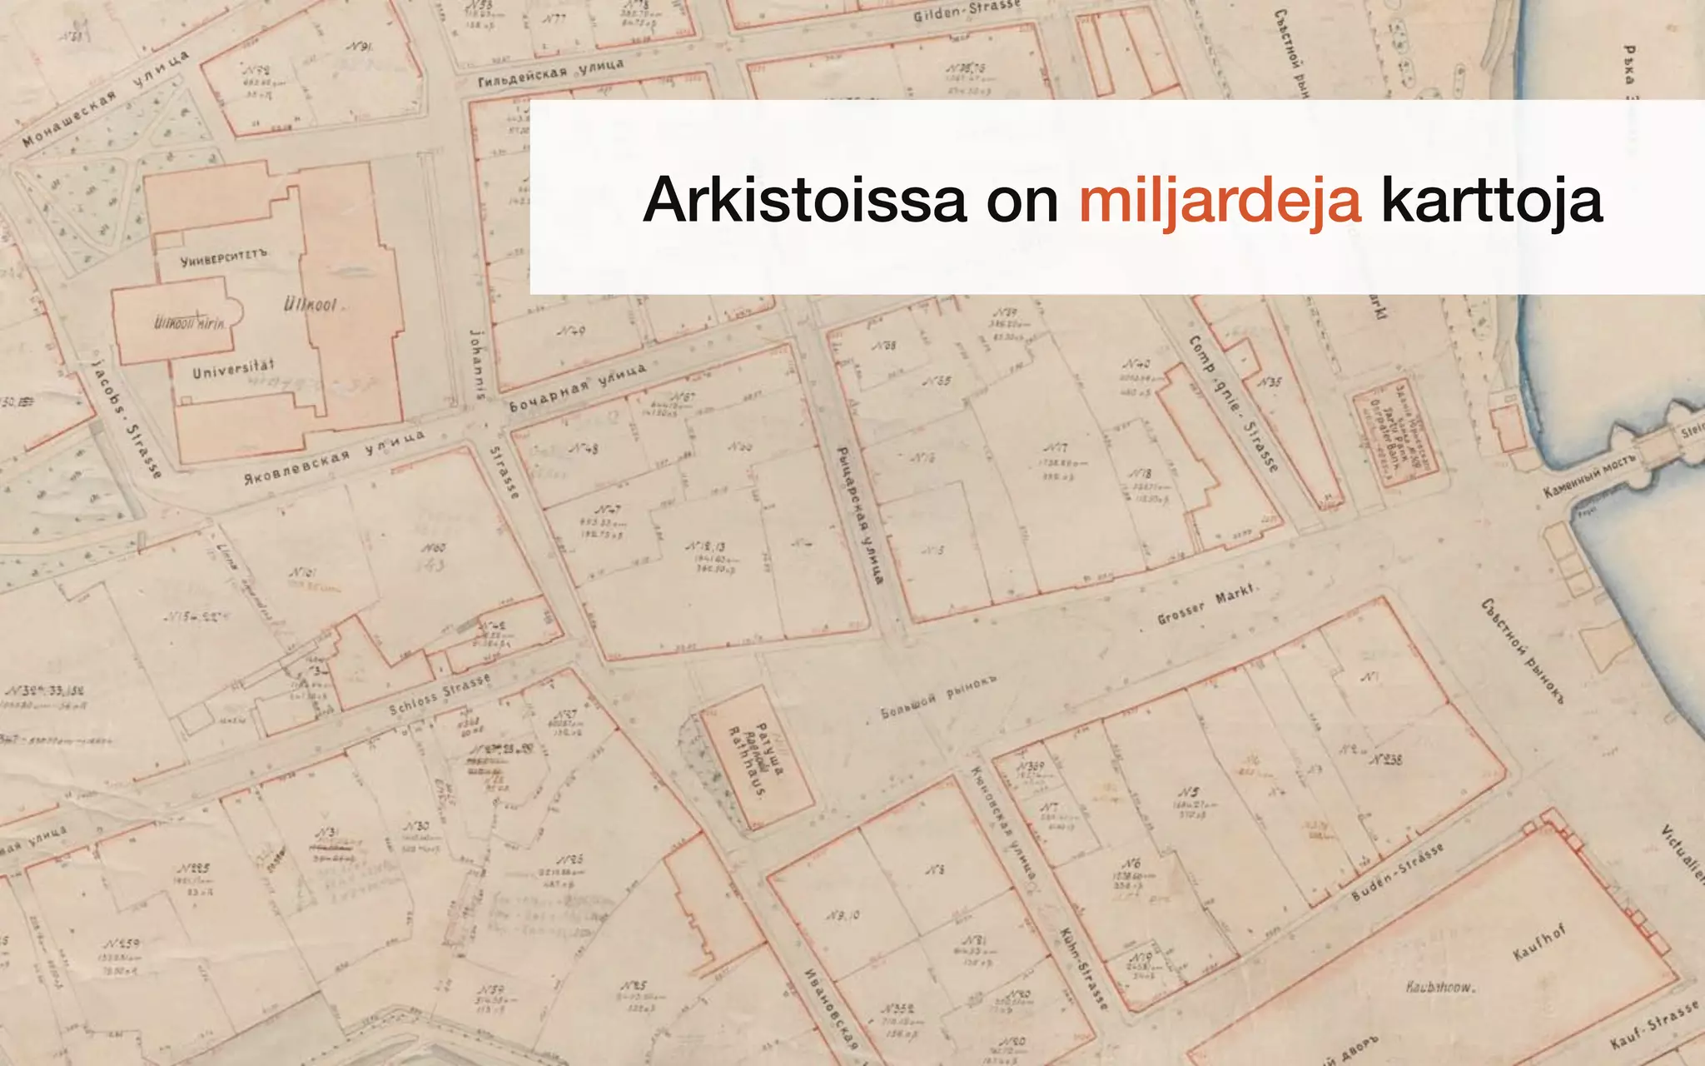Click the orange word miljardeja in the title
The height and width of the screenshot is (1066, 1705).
point(1220,200)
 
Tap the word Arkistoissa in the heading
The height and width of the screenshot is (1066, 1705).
point(804,200)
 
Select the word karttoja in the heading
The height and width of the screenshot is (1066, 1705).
point(1491,200)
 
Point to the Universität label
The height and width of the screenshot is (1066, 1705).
point(233,368)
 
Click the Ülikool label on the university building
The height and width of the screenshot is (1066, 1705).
point(311,304)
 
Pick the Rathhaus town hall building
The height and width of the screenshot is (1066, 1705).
point(756,756)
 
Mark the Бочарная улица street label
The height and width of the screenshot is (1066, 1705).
point(577,389)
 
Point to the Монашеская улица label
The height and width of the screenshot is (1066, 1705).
point(105,98)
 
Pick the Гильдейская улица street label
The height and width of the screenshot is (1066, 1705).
point(550,73)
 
